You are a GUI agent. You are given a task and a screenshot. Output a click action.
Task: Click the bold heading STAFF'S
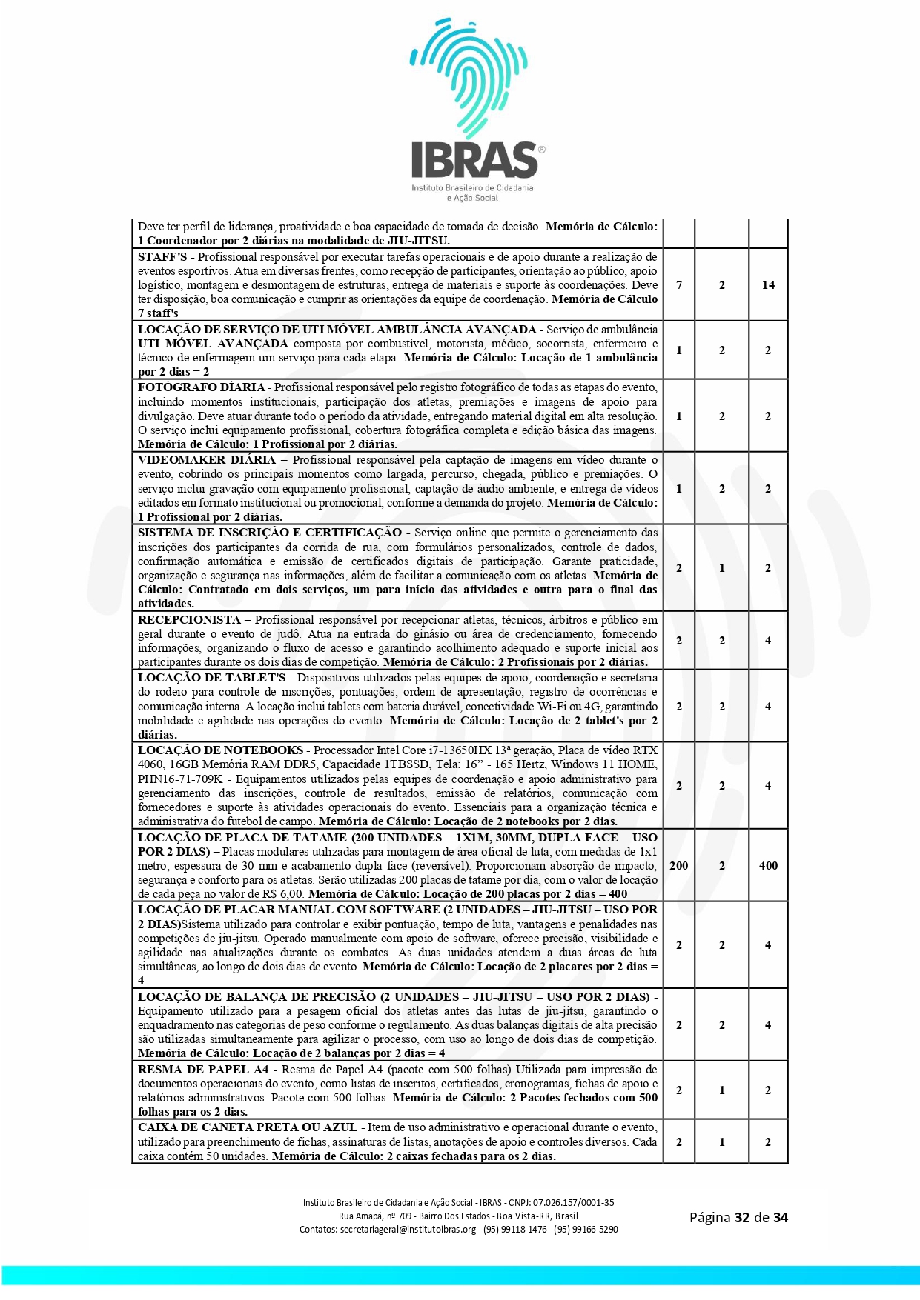[162, 257]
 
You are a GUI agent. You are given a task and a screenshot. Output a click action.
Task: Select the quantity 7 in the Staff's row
[679, 285]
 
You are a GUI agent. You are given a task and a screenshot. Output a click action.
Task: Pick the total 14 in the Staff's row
[768, 285]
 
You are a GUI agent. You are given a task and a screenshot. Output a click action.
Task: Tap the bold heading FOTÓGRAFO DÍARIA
[201, 387]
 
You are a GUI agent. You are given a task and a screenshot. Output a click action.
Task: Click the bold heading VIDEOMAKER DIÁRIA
[206, 460]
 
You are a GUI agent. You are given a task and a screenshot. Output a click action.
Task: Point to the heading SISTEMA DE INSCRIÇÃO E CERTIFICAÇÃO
[270, 533]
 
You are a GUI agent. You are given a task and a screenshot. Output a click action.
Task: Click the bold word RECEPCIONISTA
[189, 620]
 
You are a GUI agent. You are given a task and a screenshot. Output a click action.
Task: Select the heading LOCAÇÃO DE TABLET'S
[211, 678]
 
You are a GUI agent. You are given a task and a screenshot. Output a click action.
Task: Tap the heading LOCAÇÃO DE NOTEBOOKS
[220, 750]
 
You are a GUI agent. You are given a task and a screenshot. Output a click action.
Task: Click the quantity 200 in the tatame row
[679, 866]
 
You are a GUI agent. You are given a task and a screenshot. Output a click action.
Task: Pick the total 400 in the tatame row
[768, 866]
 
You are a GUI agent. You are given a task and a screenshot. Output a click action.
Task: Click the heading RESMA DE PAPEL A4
[203, 1070]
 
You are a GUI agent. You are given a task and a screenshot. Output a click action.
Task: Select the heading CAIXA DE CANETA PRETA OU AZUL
[248, 1127]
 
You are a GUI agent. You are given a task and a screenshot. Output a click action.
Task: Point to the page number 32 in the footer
[742, 1218]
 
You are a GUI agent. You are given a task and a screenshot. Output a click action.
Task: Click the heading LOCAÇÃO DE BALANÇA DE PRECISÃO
[257, 997]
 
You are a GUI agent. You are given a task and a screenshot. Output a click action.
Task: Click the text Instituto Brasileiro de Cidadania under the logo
[472, 188]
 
